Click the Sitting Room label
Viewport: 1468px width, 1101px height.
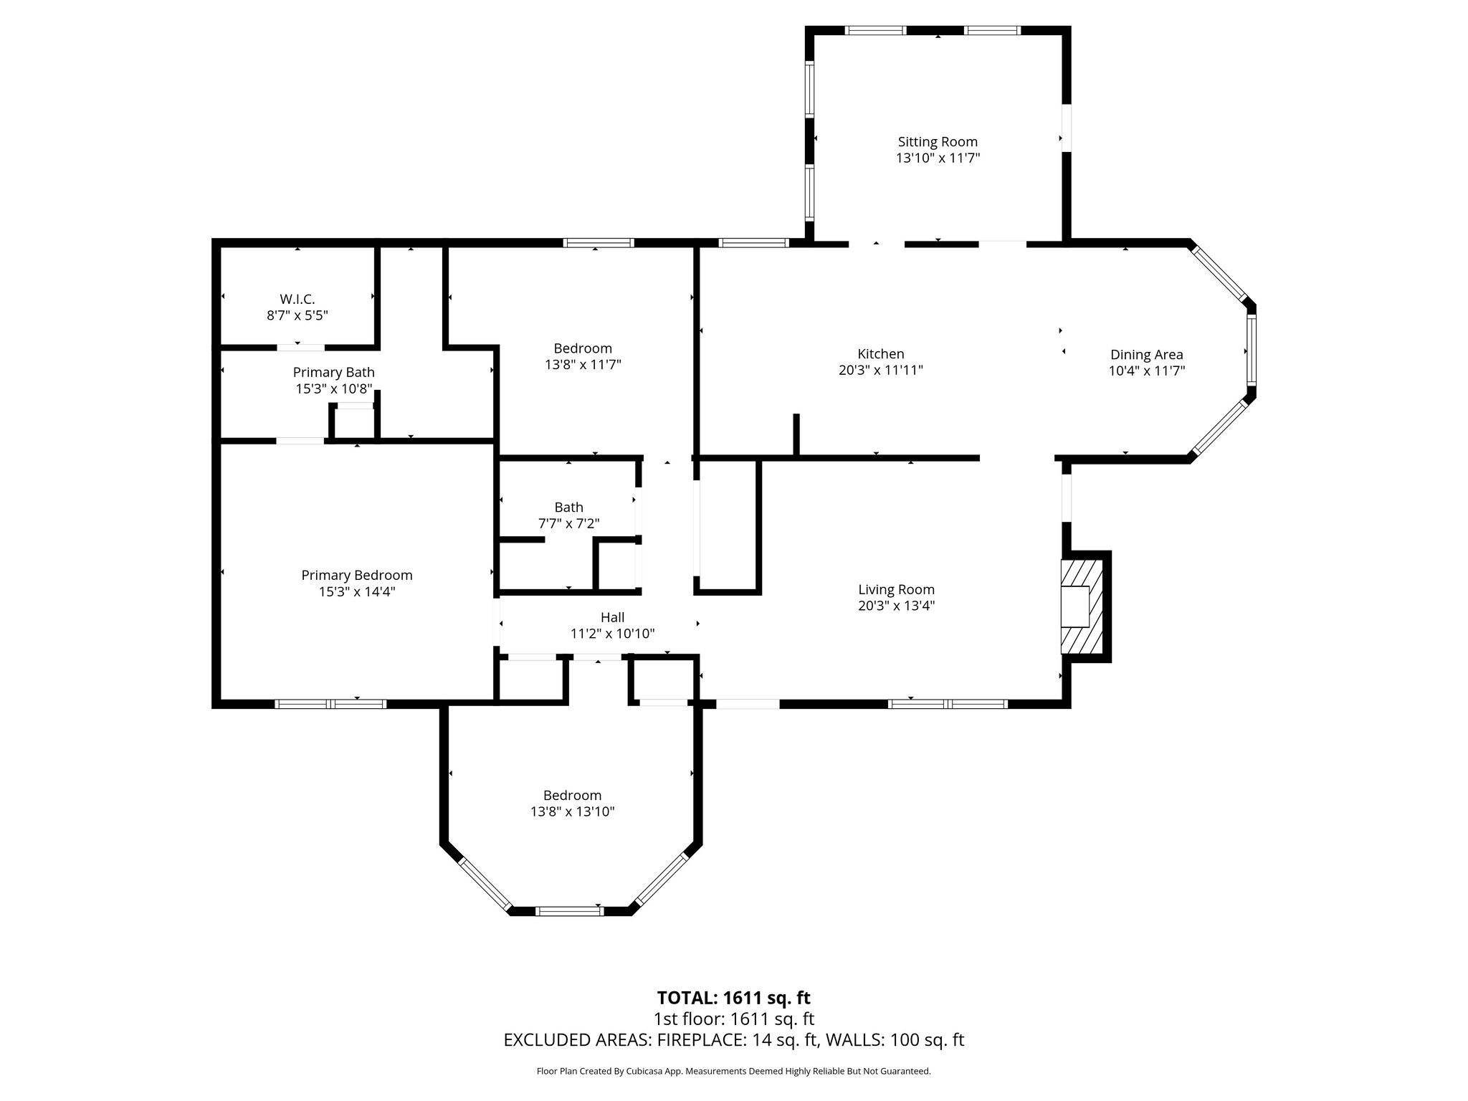pyautogui.click(x=937, y=142)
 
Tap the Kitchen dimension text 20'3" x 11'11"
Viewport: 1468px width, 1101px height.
pyautogui.click(x=880, y=371)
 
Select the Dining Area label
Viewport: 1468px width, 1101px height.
pyautogui.click(x=1146, y=354)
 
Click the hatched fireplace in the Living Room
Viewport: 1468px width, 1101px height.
pyautogui.click(x=1081, y=606)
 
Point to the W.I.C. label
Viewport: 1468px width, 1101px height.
pyautogui.click(x=297, y=299)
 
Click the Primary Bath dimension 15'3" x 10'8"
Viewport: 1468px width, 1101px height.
pyautogui.click(x=333, y=389)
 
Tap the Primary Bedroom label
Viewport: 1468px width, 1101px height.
pyautogui.click(x=356, y=575)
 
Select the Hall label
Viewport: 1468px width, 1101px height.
pyautogui.click(x=612, y=617)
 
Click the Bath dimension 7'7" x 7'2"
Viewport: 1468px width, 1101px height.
pyautogui.click(x=568, y=524)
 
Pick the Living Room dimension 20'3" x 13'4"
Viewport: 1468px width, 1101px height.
pyautogui.click(x=896, y=606)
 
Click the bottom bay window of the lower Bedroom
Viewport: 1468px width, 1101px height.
pyautogui.click(x=571, y=911)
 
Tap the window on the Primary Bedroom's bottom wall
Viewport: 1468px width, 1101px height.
pyautogui.click(x=331, y=704)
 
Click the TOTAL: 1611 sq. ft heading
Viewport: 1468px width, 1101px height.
pyautogui.click(x=733, y=998)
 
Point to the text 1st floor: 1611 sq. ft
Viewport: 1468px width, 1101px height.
pyautogui.click(x=733, y=1019)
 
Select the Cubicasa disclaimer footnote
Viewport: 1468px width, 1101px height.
pyautogui.click(x=733, y=1072)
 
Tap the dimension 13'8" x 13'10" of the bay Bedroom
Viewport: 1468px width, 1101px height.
pyautogui.click(x=571, y=811)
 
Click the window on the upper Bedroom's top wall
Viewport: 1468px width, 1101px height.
pyautogui.click(x=599, y=243)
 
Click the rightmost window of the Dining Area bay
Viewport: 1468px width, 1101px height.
pyautogui.click(x=1251, y=351)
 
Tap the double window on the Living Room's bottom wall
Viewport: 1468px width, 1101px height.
pyautogui.click(x=948, y=704)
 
